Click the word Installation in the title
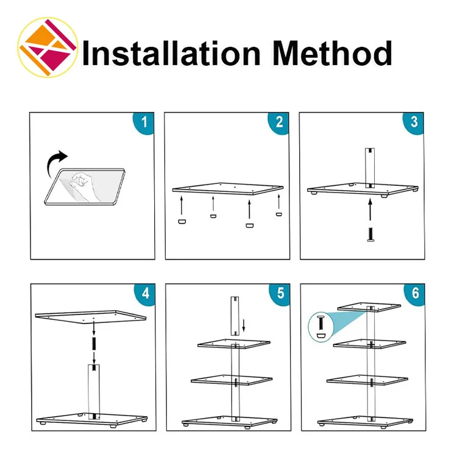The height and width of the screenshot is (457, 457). pos(171,54)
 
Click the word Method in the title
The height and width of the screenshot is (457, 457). pos(332,53)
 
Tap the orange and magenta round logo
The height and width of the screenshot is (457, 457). pos(48,48)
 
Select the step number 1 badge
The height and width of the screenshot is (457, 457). pos(144,122)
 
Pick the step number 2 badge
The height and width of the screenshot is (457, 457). pos(278,122)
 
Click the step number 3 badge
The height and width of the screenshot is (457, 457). pos(414,122)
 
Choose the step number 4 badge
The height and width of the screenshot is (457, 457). pos(145,294)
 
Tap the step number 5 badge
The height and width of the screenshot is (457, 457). pos(280,294)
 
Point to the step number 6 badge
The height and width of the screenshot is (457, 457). pos(415,294)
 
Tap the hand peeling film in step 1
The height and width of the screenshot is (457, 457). pos(83,186)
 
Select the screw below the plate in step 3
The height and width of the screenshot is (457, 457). pos(370,235)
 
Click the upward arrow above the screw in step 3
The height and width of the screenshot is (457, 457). pos(370,210)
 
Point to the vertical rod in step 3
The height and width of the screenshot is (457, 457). pos(370,168)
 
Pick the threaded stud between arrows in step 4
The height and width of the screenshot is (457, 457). pos(94,344)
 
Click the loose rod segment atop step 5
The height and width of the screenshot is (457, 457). pos(235,316)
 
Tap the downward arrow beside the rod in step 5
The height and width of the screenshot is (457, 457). pos(244,325)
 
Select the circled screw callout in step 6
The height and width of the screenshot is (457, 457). pos(321,327)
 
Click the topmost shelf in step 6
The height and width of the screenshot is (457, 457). pos(369,307)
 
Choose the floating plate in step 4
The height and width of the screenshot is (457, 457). pos(91,317)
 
